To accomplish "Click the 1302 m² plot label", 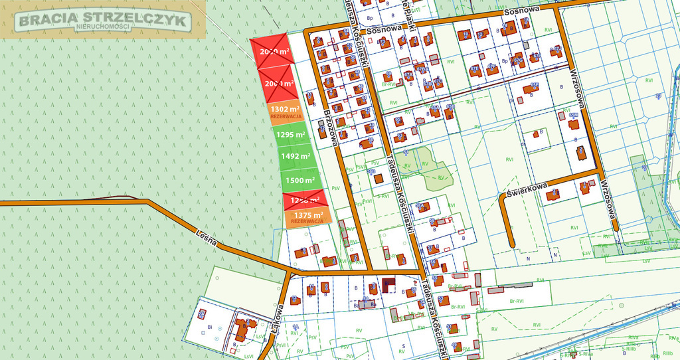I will click(284, 108).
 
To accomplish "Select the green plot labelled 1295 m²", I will click(290, 134).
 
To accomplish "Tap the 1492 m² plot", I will click(296, 156).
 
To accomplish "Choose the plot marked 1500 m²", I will click(300, 180).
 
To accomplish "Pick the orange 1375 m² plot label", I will click(308, 215).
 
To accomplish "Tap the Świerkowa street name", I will click(526, 191).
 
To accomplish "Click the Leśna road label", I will click(207, 238).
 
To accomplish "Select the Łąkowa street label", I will click(280, 318).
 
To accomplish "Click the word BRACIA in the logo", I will click(47, 21).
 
